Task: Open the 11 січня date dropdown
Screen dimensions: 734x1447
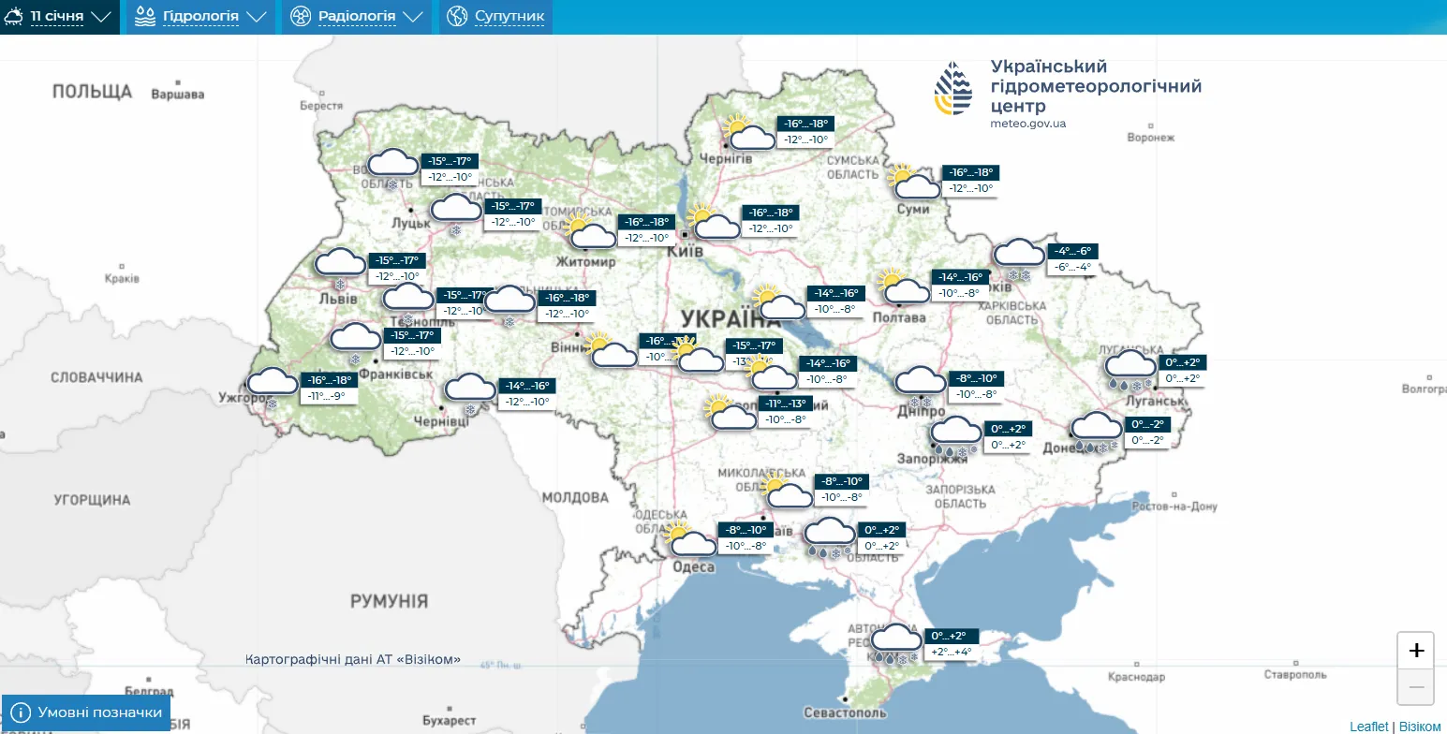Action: (x=60, y=17)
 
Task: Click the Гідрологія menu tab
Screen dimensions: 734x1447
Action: (x=200, y=17)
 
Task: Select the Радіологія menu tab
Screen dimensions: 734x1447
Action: (x=356, y=17)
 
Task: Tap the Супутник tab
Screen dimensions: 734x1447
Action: (x=496, y=17)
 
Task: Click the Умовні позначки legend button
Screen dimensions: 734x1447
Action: (x=87, y=712)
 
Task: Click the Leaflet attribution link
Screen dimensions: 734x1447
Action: (x=1368, y=727)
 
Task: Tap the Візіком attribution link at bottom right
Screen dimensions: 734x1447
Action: (x=1420, y=727)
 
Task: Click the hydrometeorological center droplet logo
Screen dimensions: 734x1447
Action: (x=953, y=88)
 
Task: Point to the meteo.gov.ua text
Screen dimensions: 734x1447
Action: (x=1027, y=124)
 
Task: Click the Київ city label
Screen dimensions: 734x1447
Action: (x=685, y=252)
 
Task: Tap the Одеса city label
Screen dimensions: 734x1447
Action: (x=693, y=567)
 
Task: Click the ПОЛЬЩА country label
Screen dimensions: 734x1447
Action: (x=92, y=91)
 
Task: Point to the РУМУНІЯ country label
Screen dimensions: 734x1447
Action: (x=389, y=601)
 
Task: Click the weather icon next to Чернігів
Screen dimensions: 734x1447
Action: (x=749, y=133)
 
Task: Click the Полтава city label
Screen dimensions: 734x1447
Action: (x=898, y=317)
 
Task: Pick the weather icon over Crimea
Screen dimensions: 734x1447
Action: (x=895, y=642)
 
